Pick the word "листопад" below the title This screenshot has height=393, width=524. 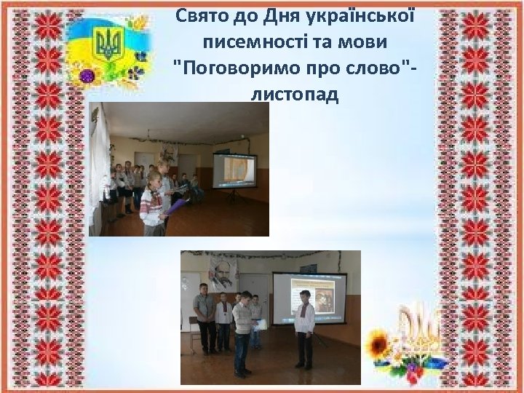[x=295, y=95]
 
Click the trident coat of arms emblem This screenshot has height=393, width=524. [x=111, y=45]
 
